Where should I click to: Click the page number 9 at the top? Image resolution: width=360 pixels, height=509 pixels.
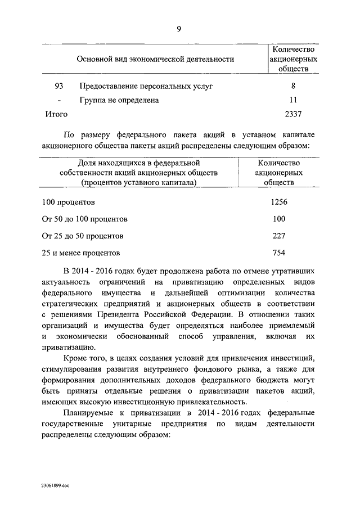click(178, 30)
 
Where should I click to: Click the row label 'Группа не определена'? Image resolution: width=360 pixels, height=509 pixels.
click(119, 100)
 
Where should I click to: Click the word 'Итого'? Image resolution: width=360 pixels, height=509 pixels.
click(56, 114)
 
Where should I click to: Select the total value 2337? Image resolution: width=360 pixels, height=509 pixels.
click(293, 114)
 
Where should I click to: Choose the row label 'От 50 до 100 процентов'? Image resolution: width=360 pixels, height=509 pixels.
click(85, 219)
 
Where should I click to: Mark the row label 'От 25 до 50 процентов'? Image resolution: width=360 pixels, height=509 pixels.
click(83, 236)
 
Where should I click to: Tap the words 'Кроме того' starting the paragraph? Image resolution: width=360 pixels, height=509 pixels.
click(85, 358)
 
